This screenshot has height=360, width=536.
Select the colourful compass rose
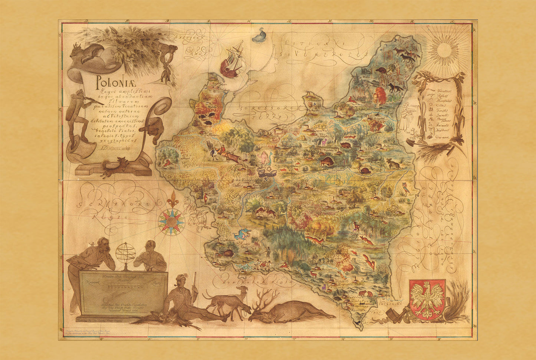click(171, 222)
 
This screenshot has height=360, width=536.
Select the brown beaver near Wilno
click(381, 70)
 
